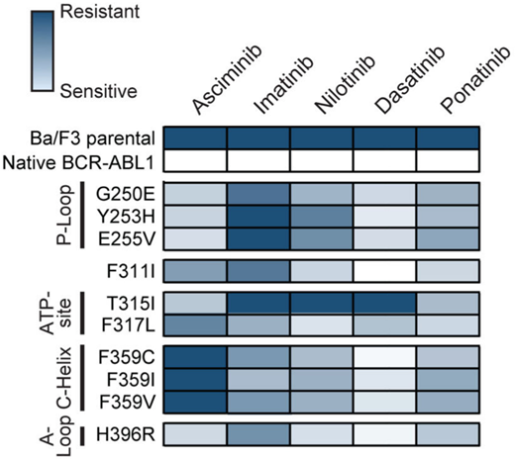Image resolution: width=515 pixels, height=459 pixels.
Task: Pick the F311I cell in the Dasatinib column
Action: [385, 266]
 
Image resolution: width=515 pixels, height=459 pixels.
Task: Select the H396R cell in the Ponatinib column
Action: [449, 434]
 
